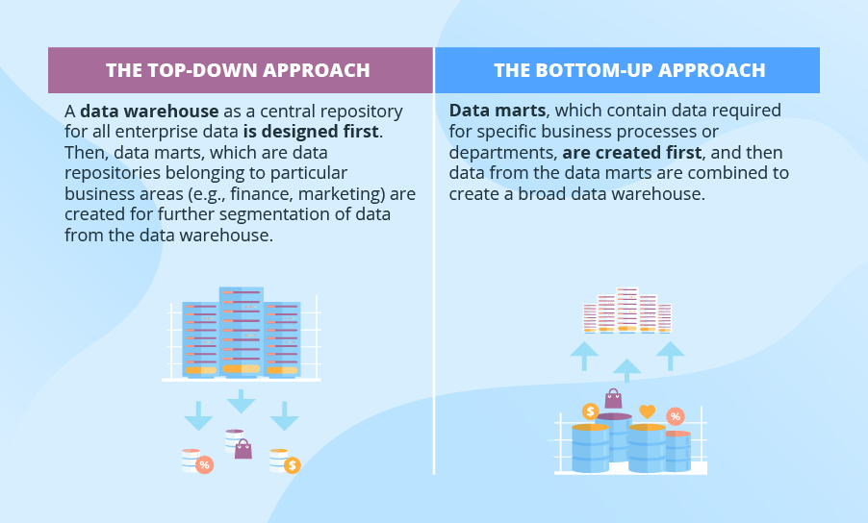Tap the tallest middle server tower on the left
pyautogui.click(x=241, y=331)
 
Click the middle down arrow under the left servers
pyautogui.click(x=241, y=399)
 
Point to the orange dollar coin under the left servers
pyautogui.click(x=292, y=465)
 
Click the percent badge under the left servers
pyautogui.click(x=204, y=465)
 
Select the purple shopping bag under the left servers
pyautogui.click(x=243, y=448)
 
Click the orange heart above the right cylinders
pyautogui.click(x=647, y=411)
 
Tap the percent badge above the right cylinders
pyautogui.click(x=676, y=416)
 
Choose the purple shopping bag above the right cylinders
pyautogui.click(x=613, y=398)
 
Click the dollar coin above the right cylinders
pyautogui.click(x=590, y=411)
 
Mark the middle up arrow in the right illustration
pyautogui.click(x=627, y=369)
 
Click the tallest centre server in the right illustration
pyautogui.click(x=627, y=310)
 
